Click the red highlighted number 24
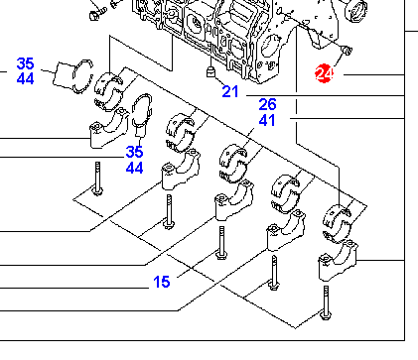point(324,73)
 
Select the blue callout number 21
point(230,91)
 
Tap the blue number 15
point(162,282)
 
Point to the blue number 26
point(267,104)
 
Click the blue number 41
point(267,120)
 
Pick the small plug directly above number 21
point(210,71)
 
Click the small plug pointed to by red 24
point(347,51)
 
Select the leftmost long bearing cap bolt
point(97,179)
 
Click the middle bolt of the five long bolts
point(221,243)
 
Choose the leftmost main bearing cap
point(109,128)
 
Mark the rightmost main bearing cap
point(338,261)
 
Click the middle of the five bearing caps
point(234,200)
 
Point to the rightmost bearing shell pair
point(337,223)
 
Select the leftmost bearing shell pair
point(108,91)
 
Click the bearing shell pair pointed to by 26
point(233,164)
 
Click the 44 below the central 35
point(134,168)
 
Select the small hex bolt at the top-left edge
point(98,14)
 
